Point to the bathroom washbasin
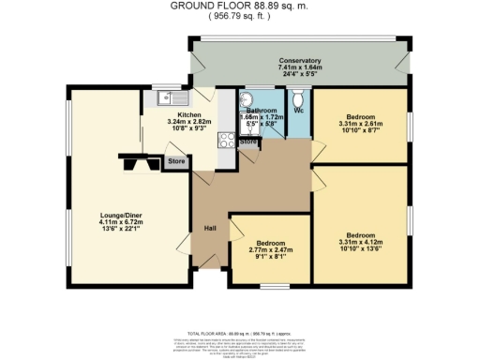click(x=247, y=99)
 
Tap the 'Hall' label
click(x=212, y=228)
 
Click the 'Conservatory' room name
click(x=299, y=60)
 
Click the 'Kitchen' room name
click(x=180, y=113)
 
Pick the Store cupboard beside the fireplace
click(x=176, y=162)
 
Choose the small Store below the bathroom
click(x=248, y=142)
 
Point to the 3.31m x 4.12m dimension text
click(x=359, y=243)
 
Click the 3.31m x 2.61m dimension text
click(x=359, y=125)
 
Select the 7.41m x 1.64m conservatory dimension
click(x=299, y=67)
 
